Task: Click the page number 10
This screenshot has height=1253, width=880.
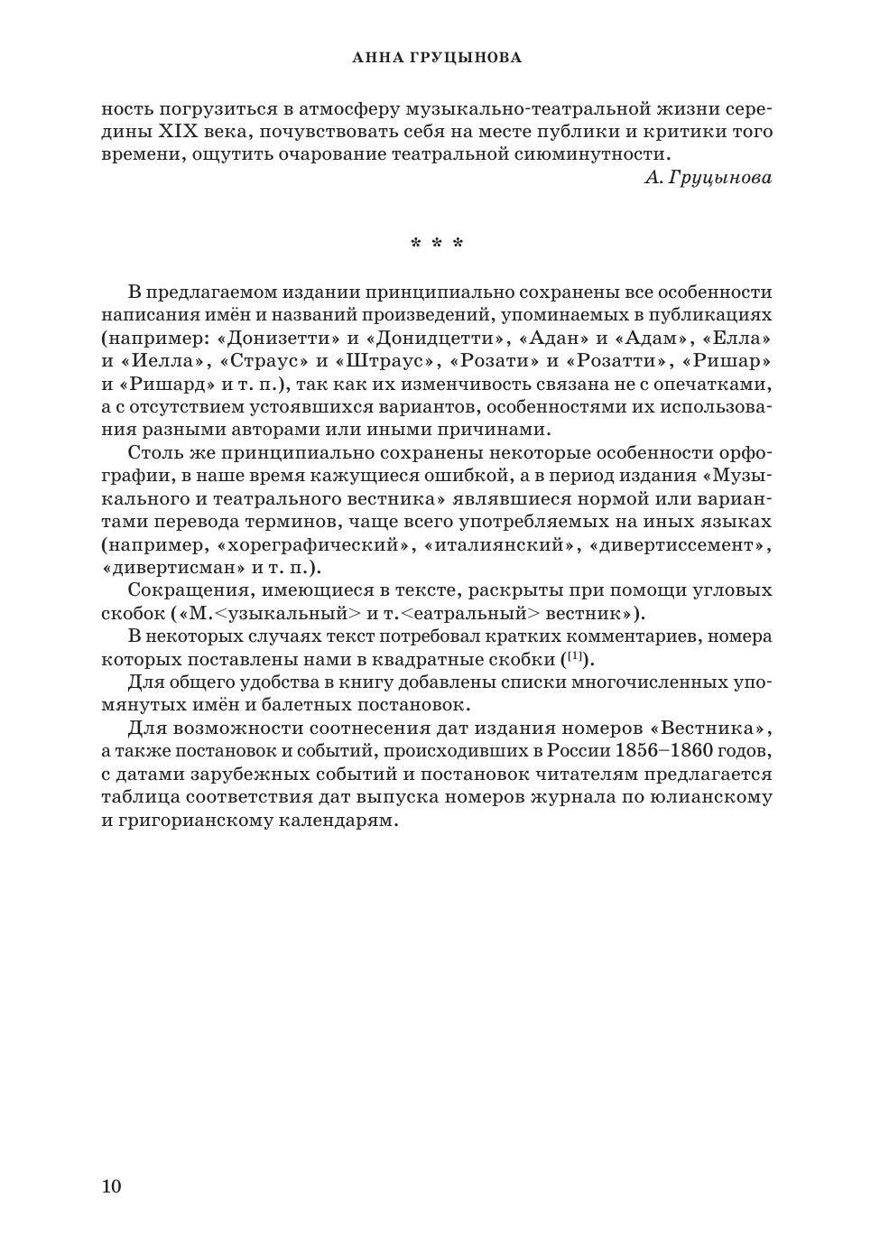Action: point(111,1186)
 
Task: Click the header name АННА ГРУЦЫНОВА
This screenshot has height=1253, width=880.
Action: point(437,59)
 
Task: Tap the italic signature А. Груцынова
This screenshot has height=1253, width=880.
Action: point(708,178)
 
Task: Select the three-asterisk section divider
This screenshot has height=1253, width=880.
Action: point(437,244)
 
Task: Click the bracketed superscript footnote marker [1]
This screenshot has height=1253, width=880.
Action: point(576,656)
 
